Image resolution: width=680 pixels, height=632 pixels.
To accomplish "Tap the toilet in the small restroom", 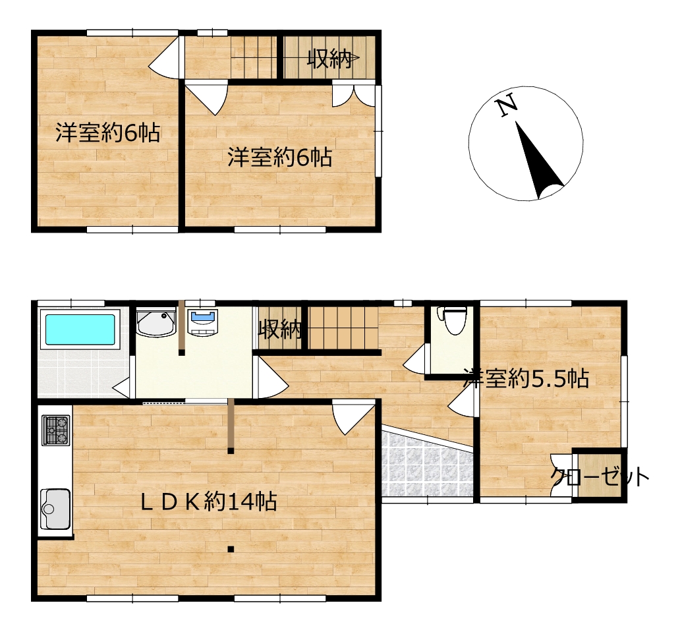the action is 452,320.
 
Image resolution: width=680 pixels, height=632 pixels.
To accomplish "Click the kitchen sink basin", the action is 55,509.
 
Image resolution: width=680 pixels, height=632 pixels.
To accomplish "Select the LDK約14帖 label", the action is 209,502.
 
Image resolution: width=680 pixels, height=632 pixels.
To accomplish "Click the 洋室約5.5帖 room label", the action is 526,378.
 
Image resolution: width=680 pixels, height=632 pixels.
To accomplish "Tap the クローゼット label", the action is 600,477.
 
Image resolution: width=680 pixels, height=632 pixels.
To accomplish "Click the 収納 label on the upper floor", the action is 329,59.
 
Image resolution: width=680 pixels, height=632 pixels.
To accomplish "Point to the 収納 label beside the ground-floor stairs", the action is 280,330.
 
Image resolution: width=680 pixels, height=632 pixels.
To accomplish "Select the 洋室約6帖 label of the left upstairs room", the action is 108,132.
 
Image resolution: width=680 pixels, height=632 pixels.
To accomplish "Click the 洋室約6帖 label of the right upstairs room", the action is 280,157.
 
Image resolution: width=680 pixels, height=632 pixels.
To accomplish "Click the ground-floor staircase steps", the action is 343,328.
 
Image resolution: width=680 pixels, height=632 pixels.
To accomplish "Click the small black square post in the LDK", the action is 231,549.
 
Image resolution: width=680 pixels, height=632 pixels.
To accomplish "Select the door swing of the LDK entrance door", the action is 353,417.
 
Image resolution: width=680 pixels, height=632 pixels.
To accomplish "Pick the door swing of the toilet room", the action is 415,357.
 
